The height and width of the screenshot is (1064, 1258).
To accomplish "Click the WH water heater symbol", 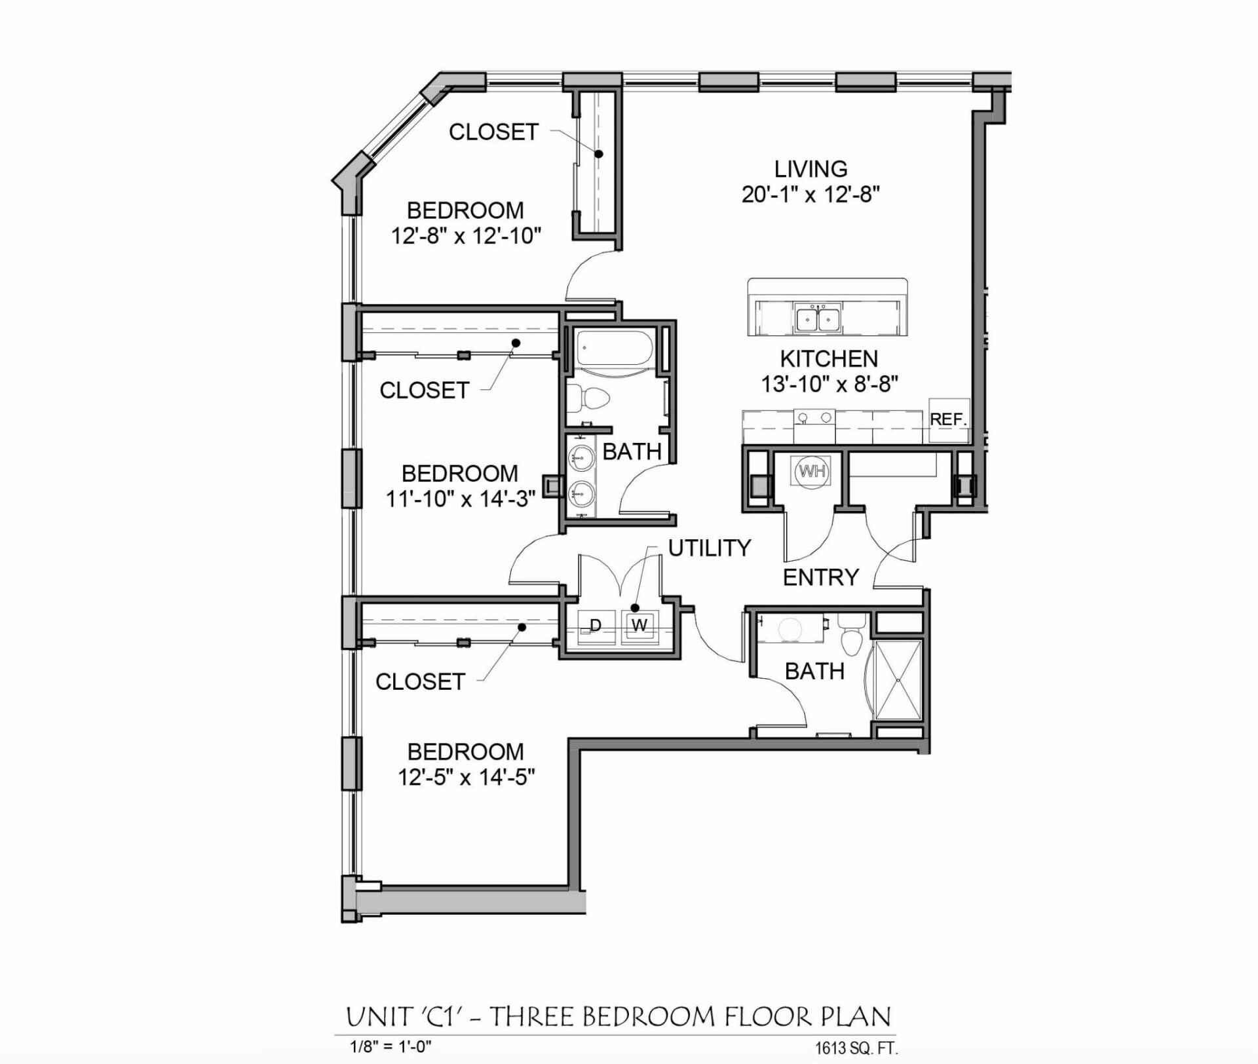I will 811,471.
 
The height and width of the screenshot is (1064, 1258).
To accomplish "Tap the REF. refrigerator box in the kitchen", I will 948,419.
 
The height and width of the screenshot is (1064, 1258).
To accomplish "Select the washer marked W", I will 639,626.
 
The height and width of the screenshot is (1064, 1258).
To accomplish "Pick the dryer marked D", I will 595,626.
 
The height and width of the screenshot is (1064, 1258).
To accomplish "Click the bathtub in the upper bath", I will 613,349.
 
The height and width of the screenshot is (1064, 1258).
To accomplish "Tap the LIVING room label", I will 810,169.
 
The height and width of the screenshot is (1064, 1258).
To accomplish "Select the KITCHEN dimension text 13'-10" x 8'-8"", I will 828,384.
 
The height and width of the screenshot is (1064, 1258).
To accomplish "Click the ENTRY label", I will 820,577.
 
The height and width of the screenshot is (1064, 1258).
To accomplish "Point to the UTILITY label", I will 709,548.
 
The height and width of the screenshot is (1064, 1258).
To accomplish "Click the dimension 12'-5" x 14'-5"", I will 466,778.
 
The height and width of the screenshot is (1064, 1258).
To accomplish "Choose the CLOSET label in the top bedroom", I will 493,132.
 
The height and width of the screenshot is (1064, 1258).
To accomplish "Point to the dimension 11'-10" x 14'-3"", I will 460,500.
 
